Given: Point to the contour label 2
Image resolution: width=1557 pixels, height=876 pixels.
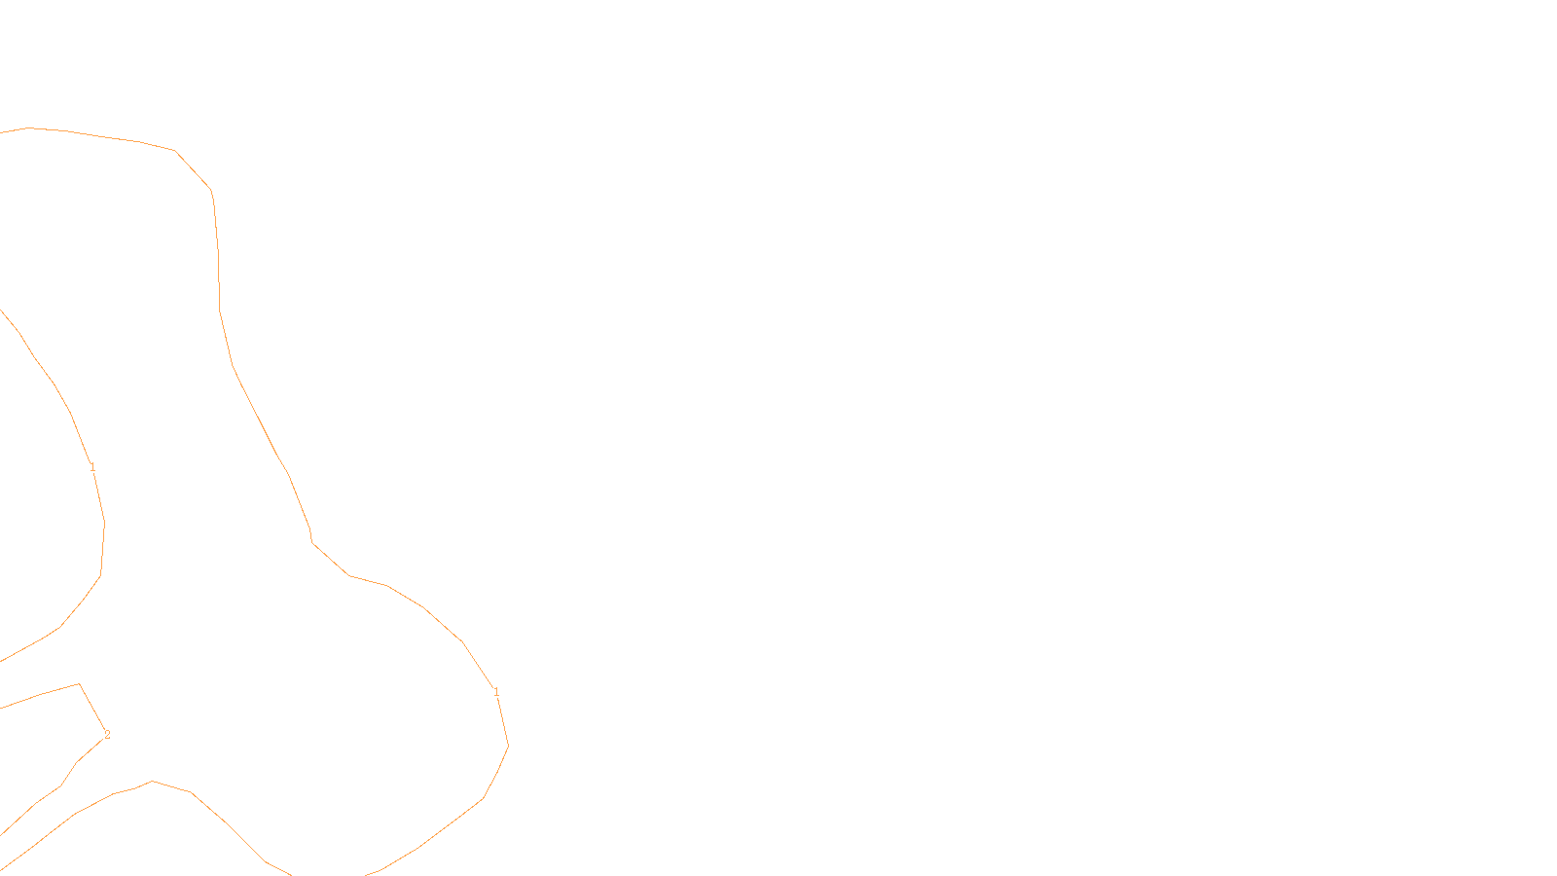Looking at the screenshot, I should tap(107, 735).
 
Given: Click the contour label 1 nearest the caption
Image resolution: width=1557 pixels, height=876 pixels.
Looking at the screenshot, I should tap(496, 692).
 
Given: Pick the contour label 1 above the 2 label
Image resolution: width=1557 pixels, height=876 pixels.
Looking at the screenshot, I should tap(92, 468).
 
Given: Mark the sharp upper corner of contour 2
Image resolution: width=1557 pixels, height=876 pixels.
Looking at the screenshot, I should tap(79, 684).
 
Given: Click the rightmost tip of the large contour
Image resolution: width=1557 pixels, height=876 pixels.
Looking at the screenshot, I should tap(508, 747).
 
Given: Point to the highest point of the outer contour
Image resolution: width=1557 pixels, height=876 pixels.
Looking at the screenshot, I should tap(29, 128).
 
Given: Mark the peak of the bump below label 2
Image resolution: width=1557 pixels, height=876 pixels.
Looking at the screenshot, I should tap(152, 781).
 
